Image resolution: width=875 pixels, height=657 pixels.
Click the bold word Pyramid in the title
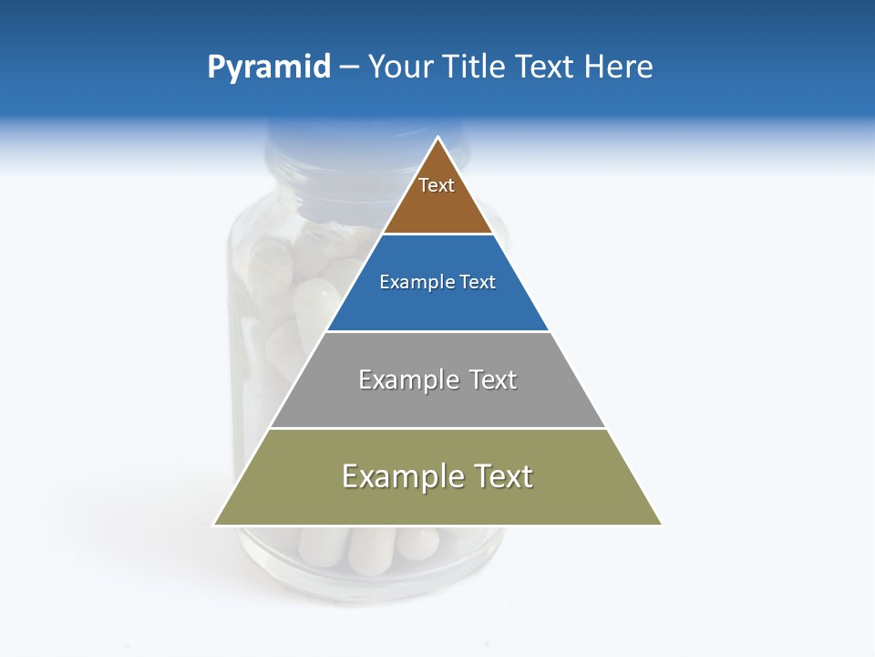[268, 68]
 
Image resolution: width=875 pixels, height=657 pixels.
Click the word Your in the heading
[401, 67]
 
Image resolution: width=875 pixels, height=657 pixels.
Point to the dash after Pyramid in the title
[349, 68]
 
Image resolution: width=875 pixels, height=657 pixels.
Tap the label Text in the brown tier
[437, 185]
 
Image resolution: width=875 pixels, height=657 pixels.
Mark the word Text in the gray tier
[492, 380]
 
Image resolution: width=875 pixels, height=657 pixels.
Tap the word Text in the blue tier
[478, 282]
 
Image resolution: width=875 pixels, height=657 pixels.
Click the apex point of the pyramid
[438, 139]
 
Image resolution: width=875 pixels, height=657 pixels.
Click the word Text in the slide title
[545, 67]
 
